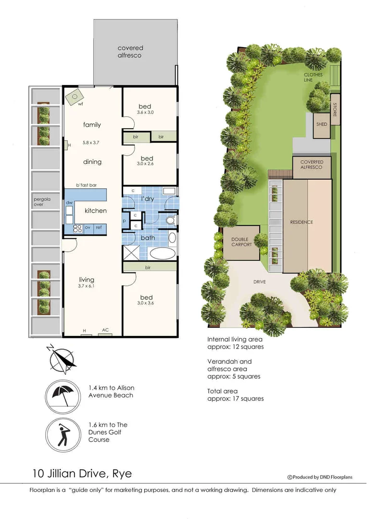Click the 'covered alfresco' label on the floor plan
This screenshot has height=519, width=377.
(x=130, y=51)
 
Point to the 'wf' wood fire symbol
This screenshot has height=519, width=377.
(x=75, y=99)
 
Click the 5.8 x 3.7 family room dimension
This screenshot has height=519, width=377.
(x=92, y=142)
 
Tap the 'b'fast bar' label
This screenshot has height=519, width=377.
(x=87, y=185)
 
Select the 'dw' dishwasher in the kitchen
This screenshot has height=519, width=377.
(x=69, y=203)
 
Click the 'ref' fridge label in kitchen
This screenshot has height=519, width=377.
(x=99, y=227)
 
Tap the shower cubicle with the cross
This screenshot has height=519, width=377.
(x=130, y=252)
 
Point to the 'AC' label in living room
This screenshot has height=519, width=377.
(x=105, y=330)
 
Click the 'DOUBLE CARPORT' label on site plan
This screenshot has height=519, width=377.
(x=242, y=242)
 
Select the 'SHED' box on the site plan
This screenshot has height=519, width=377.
(x=322, y=124)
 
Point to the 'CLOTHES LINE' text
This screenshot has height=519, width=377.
(x=313, y=77)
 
